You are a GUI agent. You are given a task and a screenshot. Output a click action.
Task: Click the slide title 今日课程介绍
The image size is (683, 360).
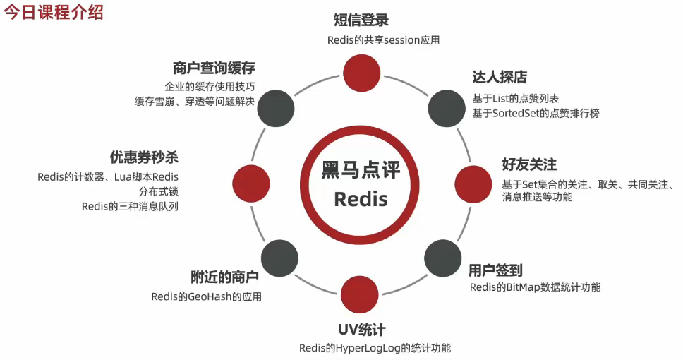[x=54, y=13]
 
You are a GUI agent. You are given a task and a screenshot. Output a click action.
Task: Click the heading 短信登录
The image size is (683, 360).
[x=361, y=20]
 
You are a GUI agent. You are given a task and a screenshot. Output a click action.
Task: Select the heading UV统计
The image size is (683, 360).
[x=361, y=329]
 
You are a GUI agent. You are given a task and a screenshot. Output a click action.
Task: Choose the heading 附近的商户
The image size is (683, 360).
[x=224, y=277]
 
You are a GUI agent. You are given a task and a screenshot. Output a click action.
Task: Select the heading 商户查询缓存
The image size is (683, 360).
[x=213, y=68]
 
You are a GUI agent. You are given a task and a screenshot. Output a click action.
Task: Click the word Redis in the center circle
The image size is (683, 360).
[x=361, y=198]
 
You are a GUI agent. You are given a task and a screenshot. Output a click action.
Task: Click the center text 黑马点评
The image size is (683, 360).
[x=361, y=169]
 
